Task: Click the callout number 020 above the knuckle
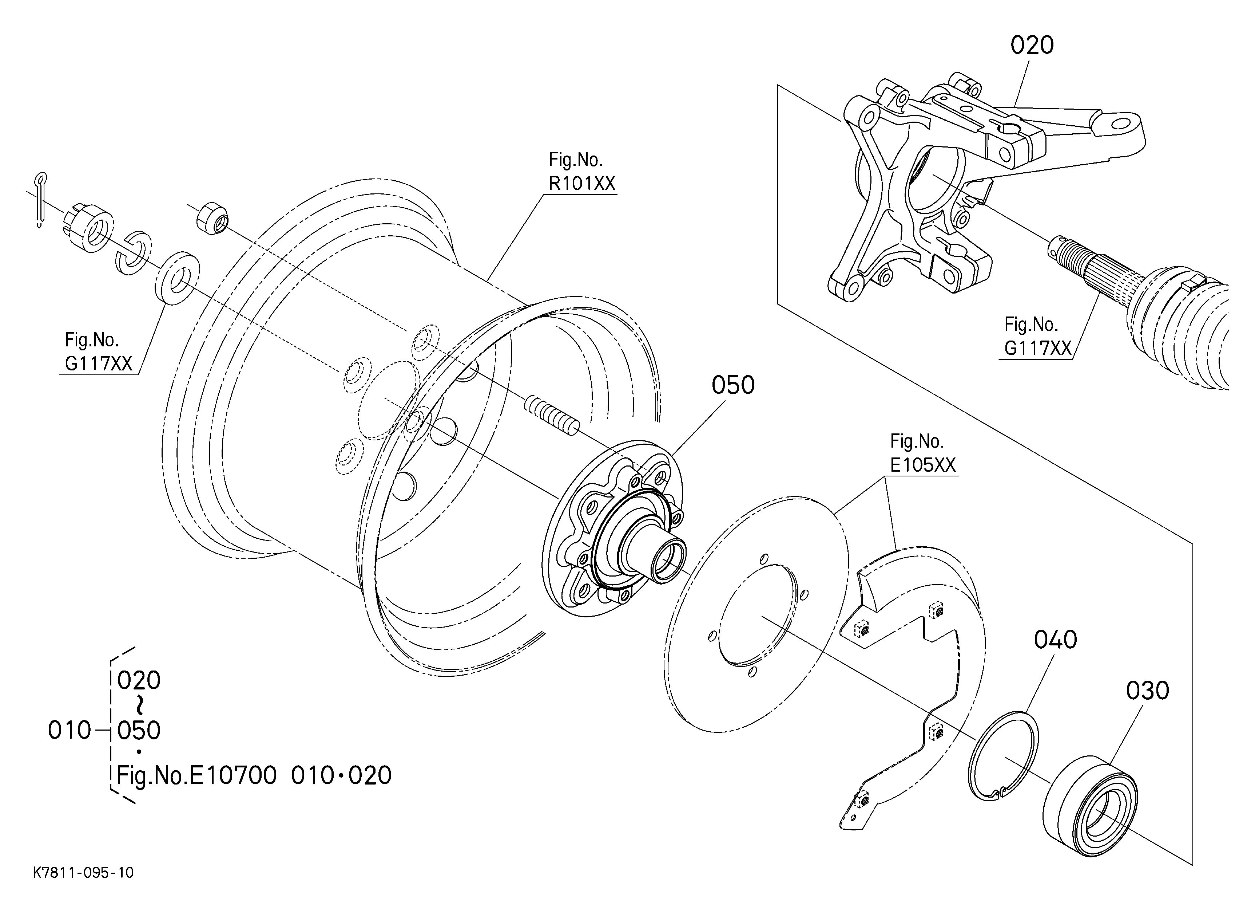point(1032,46)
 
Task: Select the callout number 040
point(1055,640)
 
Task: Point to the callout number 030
point(1147,691)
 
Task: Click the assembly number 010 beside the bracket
point(69,731)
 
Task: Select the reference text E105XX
point(922,465)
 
